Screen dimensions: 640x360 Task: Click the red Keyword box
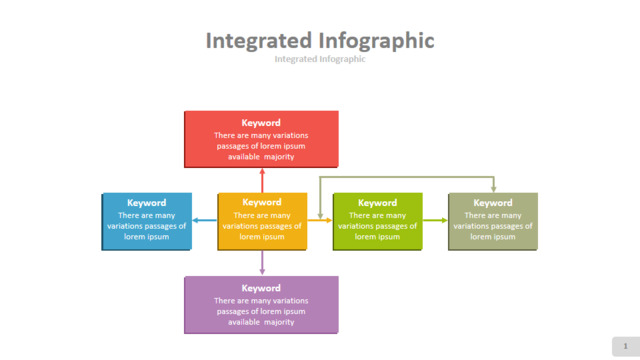261,139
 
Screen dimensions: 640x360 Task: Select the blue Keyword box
147,221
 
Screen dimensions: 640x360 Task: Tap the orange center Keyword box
262,221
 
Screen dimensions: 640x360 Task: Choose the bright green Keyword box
378,221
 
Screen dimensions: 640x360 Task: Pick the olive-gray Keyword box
493,221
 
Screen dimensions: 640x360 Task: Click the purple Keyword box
261,305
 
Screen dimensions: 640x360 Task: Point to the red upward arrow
262,180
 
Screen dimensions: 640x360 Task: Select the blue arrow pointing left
204,220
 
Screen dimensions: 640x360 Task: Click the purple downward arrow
262,263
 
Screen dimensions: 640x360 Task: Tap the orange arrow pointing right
320,220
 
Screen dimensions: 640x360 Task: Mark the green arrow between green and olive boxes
436,220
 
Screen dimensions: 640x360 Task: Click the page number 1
625,346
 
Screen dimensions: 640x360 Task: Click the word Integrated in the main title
259,41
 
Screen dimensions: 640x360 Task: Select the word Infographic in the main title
376,41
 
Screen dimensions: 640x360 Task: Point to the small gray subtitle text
320,59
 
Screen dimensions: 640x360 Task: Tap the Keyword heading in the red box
261,123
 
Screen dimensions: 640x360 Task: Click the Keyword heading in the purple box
261,288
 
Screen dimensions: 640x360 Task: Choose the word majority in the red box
279,157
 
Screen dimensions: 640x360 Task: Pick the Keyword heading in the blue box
147,203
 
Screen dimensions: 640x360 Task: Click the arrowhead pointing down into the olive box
493,189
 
